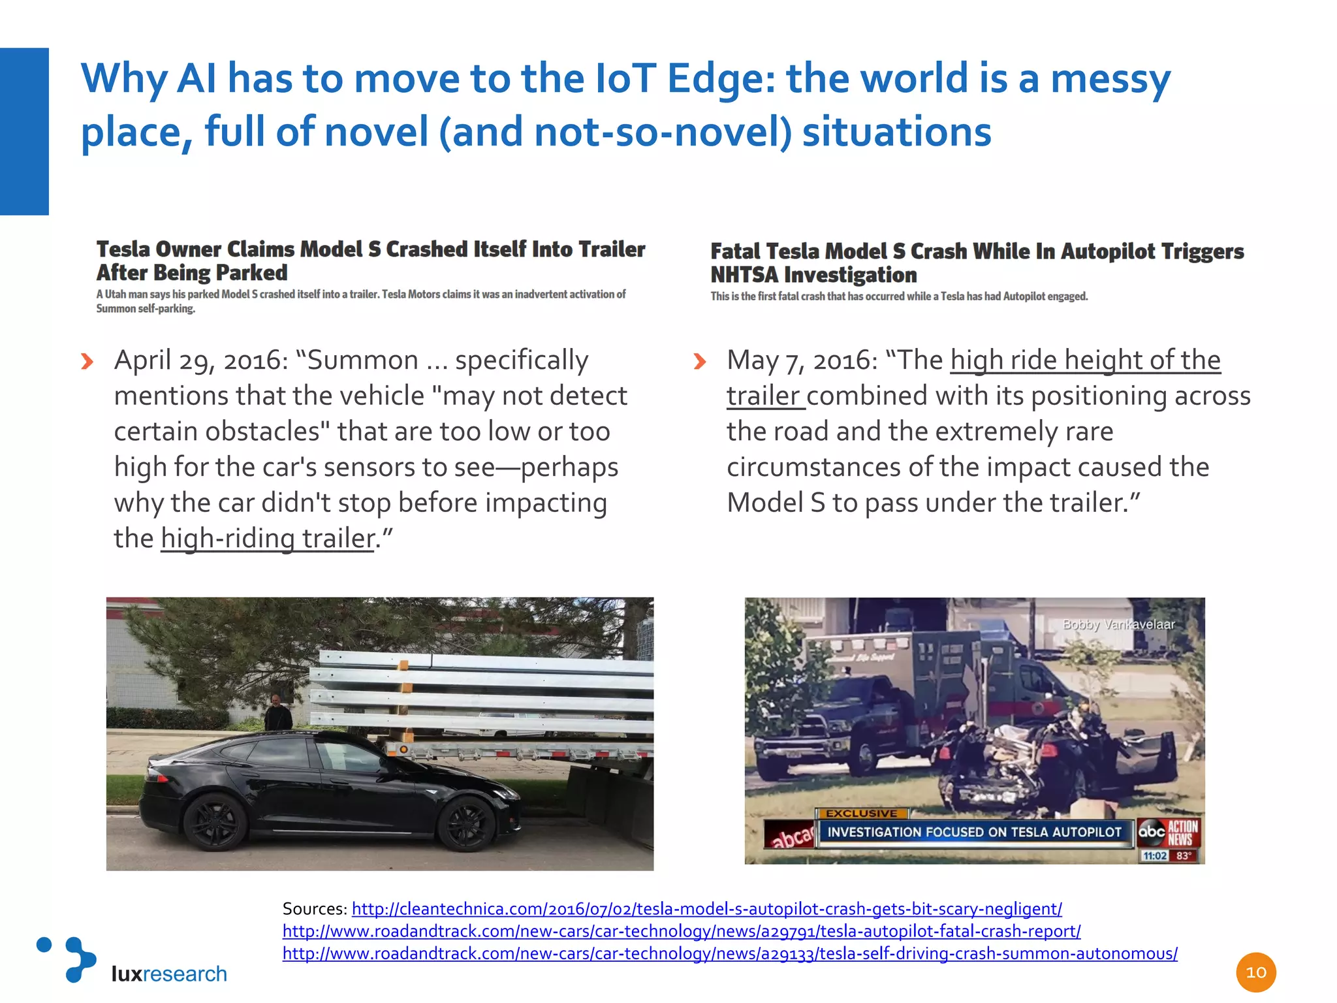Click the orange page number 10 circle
coord(1255,972)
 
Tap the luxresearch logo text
coord(169,974)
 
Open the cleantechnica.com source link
coord(706,909)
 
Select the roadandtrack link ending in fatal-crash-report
coord(682,931)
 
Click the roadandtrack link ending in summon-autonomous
coord(730,953)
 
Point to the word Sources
coord(315,909)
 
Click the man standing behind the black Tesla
coord(279,713)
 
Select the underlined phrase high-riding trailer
coord(268,539)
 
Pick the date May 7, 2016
coord(802,360)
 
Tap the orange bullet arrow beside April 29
coord(87,361)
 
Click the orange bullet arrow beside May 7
coord(699,361)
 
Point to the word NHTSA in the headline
coord(744,276)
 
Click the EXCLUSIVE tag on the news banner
coord(862,814)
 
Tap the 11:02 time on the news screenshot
coord(1155,855)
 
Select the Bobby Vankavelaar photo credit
coord(1118,624)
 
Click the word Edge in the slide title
coord(720,79)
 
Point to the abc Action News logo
coord(1168,833)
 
